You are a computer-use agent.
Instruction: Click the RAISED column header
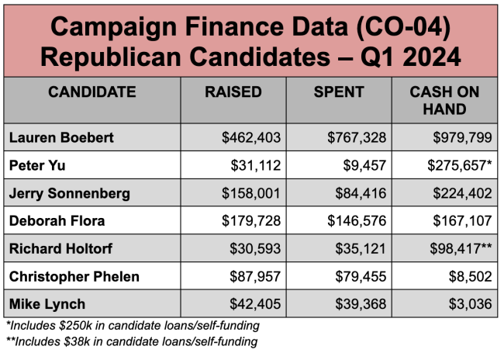tap(233, 92)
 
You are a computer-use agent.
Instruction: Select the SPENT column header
tap(339, 92)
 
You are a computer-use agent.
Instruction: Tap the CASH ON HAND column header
tap(444, 101)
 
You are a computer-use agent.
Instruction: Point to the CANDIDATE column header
tap(92, 92)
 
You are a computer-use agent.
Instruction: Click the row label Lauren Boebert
tap(61, 137)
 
